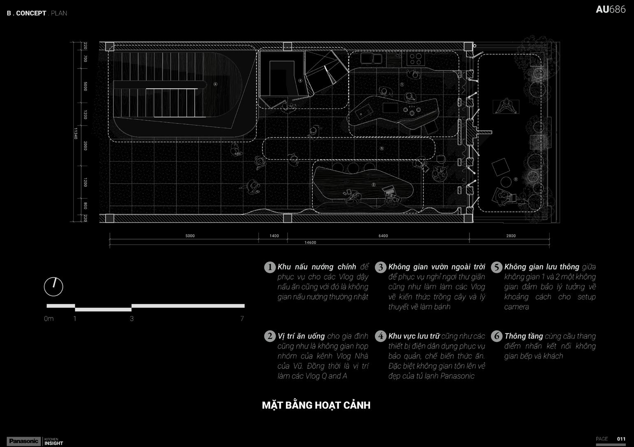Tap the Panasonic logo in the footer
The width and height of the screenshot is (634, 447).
coord(23,441)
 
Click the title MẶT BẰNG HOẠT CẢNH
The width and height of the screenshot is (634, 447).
coord(316,405)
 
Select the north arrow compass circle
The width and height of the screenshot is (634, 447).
coord(53,286)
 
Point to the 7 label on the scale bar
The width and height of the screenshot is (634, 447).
coord(242,318)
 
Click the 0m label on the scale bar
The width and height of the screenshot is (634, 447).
coord(49,318)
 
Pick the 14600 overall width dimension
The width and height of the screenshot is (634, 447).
coord(310,243)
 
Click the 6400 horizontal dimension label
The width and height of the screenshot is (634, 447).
coord(383,236)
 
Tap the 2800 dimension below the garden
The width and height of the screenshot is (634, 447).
coord(511,236)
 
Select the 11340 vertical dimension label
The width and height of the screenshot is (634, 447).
coord(76,133)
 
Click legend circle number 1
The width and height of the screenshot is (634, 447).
coord(269,267)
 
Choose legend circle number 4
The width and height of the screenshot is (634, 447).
coord(381,336)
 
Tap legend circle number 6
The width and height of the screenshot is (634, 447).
coord(497,336)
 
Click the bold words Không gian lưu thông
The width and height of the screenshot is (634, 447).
coord(541,267)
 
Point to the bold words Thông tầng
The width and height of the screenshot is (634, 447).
coord(523,336)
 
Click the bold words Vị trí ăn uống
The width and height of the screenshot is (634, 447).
coord(301,336)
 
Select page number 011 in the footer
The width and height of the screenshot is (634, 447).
coord(621,439)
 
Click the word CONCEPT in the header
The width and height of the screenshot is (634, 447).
coord(31,13)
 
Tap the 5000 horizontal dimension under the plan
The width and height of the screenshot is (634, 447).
coord(190,236)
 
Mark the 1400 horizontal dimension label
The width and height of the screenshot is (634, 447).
coord(274,236)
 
